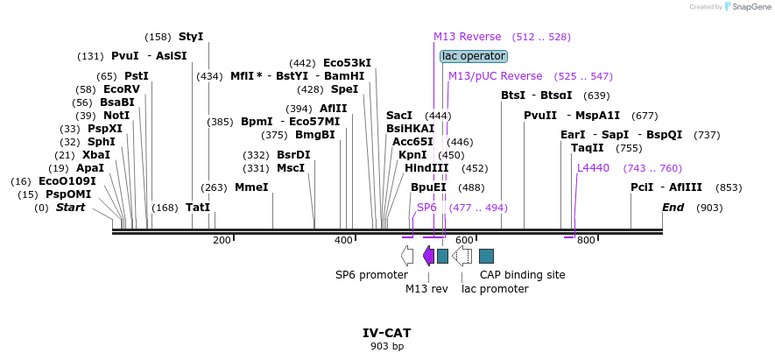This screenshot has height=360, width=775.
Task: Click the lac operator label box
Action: click(x=473, y=56)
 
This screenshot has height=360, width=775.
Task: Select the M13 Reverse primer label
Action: click(x=468, y=37)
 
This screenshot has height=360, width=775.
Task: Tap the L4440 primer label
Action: click(x=593, y=168)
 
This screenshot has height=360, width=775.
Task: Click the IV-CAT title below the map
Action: click(x=386, y=333)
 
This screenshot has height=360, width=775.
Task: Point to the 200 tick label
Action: click(x=222, y=240)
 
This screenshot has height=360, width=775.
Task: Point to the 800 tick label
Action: click(x=586, y=240)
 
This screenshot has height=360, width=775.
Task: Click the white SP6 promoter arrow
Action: click(x=407, y=256)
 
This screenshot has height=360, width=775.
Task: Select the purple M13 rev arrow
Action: click(x=428, y=256)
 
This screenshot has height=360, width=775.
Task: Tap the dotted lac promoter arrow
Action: click(x=462, y=256)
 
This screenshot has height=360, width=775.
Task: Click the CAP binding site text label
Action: click(x=522, y=274)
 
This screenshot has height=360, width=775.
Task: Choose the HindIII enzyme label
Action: click(x=426, y=168)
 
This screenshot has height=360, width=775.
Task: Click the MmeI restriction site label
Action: click(x=251, y=187)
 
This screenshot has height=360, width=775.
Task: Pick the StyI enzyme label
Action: click(x=190, y=37)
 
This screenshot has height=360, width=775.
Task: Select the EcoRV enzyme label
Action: click(x=121, y=89)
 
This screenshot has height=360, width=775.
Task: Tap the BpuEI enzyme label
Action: click(x=428, y=187)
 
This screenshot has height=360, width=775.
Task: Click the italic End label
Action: click(x=673, y=208)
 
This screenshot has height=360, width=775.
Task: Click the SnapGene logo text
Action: click(x=746, y=7)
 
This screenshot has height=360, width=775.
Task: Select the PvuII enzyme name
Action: click(x=540, y=116)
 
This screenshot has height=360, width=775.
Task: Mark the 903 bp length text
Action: click(x=386, y=347)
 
